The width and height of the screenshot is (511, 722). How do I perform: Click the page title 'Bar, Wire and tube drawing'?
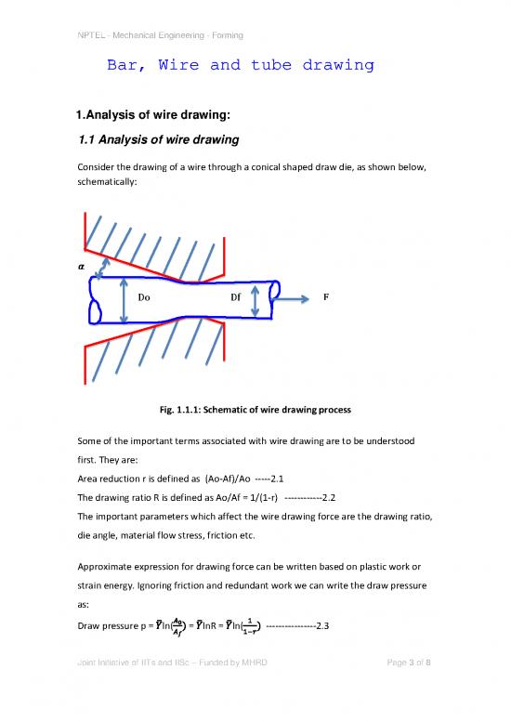241,66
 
